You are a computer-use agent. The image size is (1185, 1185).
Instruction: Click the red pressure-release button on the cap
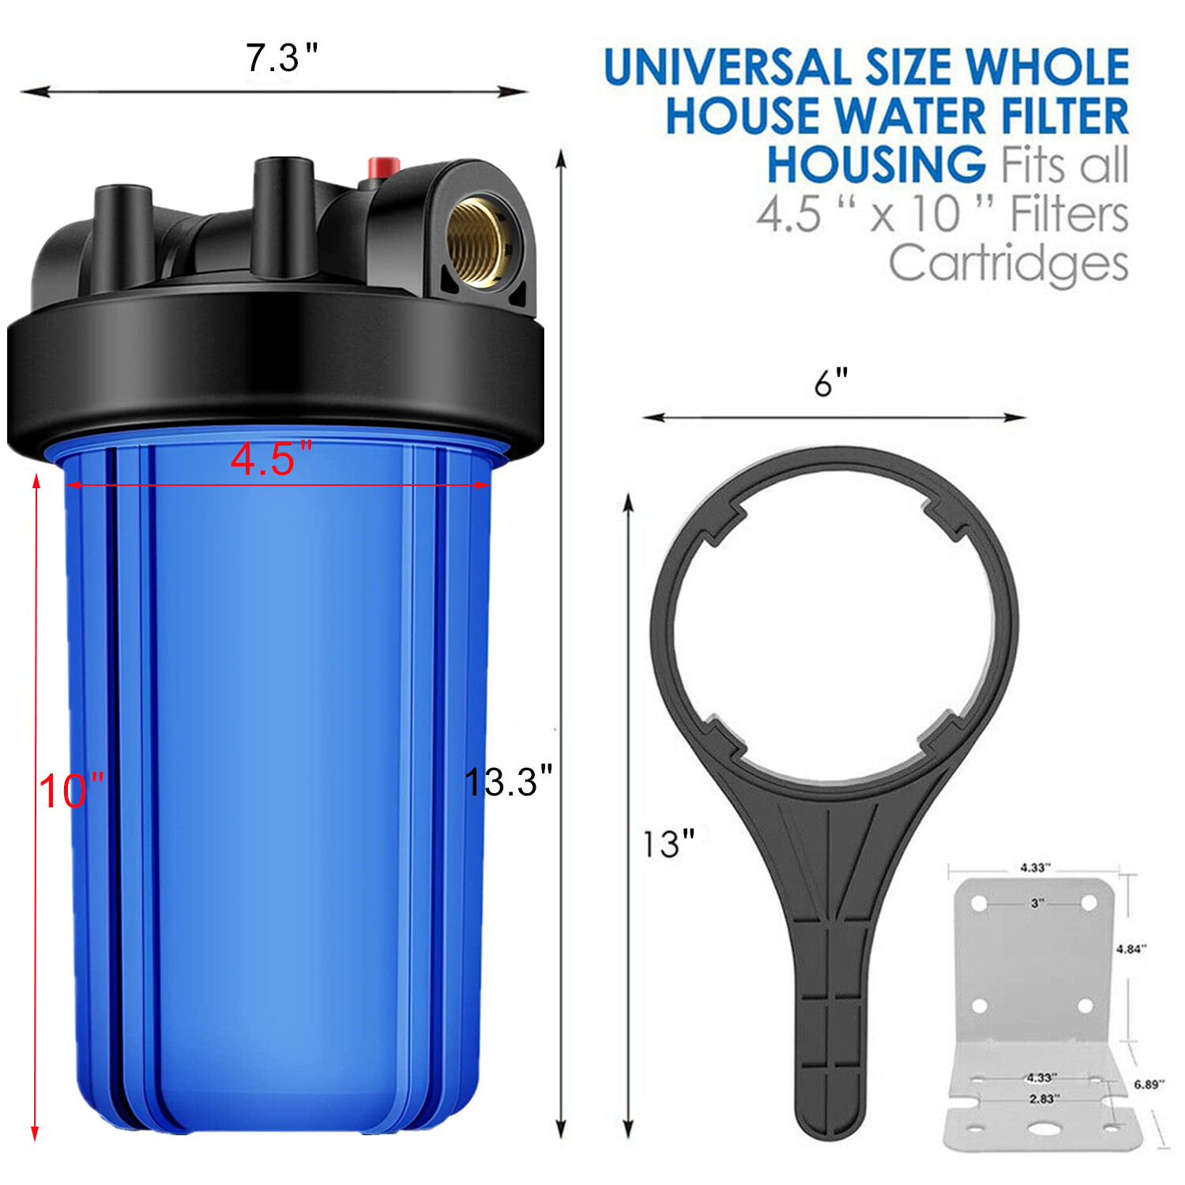[x=383, y=167]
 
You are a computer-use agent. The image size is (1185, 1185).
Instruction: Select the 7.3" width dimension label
[x=281, y=58]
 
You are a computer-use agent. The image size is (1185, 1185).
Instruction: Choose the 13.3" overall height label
[x=507, y=782]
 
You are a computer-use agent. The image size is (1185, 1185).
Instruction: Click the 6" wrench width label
[x=830, y=383]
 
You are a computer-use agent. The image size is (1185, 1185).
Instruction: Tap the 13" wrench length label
[x=668, y=844]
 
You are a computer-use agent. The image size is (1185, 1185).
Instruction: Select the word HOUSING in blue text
[x=875, y=164]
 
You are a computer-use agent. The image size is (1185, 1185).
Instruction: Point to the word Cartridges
[x=1008, y=263]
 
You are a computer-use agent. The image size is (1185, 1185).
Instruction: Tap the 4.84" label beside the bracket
[x=1130, y=949]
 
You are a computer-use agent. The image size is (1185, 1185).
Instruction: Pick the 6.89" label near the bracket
[x=1149, y=1084]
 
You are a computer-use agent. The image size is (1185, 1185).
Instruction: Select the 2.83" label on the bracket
[x=1044, y=1098]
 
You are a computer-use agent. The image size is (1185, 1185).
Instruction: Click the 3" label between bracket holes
[x=1037, y=902]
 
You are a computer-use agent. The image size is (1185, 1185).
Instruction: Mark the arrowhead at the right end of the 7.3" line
[x=517, y=92]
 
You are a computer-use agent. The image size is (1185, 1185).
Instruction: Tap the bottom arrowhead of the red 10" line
[x=35, y=1133]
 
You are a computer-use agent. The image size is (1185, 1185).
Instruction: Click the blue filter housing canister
[x=276, y=790]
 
